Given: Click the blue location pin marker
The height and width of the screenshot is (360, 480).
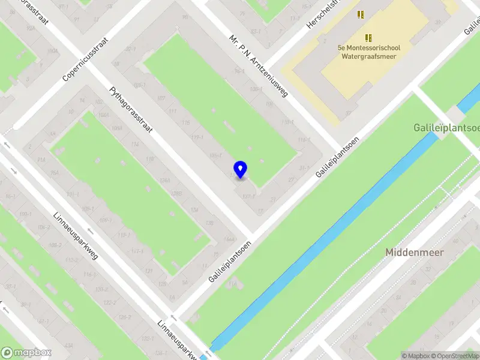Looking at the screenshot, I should (241, 169).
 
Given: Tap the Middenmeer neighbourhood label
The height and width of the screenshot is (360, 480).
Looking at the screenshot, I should (415, 253).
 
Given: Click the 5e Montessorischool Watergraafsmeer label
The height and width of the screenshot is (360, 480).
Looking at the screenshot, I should (369, 52).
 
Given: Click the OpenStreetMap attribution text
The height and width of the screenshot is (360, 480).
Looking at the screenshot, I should (454, 356).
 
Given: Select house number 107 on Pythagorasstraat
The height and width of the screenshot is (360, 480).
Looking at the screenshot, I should (161, 98).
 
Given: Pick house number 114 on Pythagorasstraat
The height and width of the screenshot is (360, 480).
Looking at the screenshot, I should (136, 145).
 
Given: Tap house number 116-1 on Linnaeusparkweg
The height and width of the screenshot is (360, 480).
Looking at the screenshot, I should (90, 274).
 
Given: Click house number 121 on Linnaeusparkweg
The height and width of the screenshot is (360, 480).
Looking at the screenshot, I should (148, 271).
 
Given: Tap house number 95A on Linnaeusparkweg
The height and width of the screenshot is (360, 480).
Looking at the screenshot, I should (54, 173).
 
